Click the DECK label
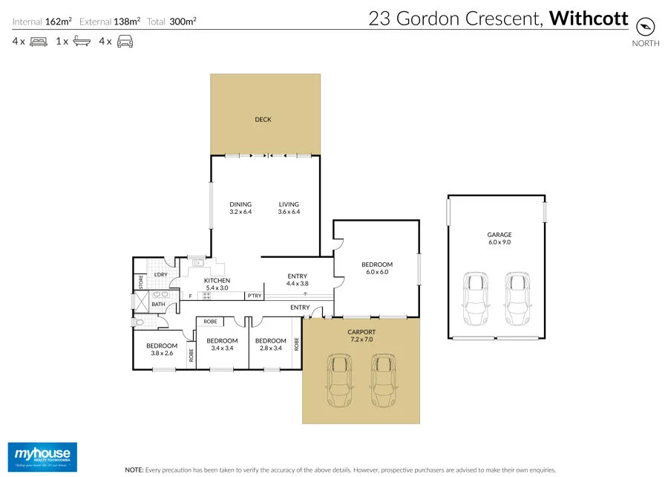(263, 119)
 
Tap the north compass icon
(645, 25)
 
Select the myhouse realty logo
(42, 455)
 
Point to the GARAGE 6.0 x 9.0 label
(499, 238)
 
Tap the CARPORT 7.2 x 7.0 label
(361, 337)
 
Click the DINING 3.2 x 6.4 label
(240, 208)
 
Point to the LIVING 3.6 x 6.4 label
(289, 208)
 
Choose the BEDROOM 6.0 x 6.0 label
(377, 268)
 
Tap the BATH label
(158, 304)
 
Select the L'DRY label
(160, 275)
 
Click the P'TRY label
(255, 296)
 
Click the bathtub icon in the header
(82, 42)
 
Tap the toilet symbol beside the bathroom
(139, 322)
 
